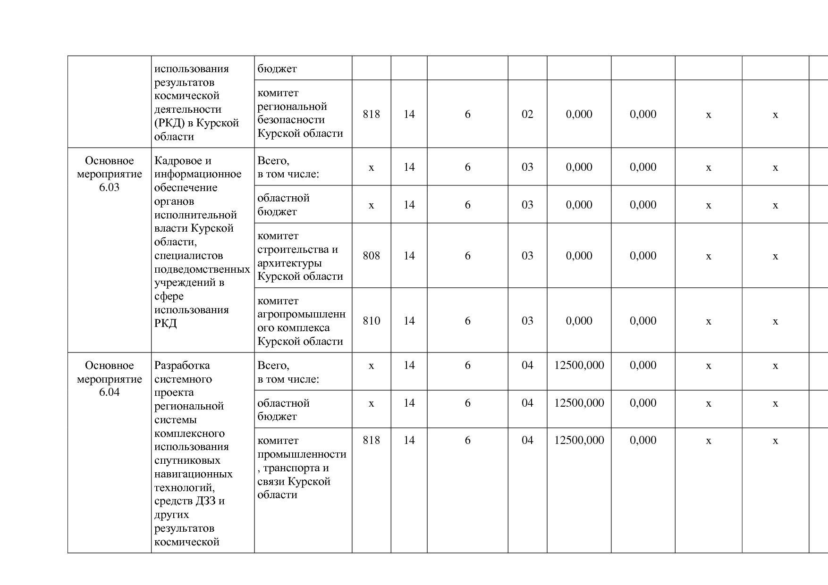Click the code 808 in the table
371,256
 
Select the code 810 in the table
371,321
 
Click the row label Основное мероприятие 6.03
109,174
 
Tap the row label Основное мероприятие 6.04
109,379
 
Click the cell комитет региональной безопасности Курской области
300,113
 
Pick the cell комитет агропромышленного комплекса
301,321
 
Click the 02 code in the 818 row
527,114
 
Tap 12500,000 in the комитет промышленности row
579,440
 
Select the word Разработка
182,366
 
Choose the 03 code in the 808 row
527,256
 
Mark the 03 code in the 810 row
527,321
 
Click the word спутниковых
187,460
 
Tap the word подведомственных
202,269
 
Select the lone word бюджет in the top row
277,69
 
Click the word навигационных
193,474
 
